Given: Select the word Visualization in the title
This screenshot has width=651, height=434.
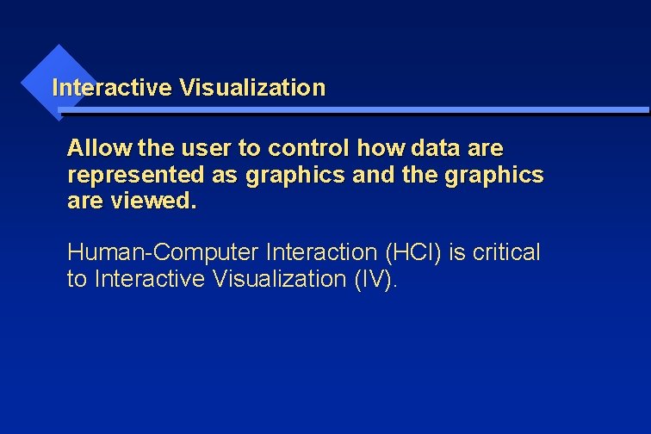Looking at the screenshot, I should [x=252, y=88].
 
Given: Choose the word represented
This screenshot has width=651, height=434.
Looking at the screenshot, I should [x=135, y=176].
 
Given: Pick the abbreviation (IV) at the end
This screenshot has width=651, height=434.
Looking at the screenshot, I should [x=375, y=280].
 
